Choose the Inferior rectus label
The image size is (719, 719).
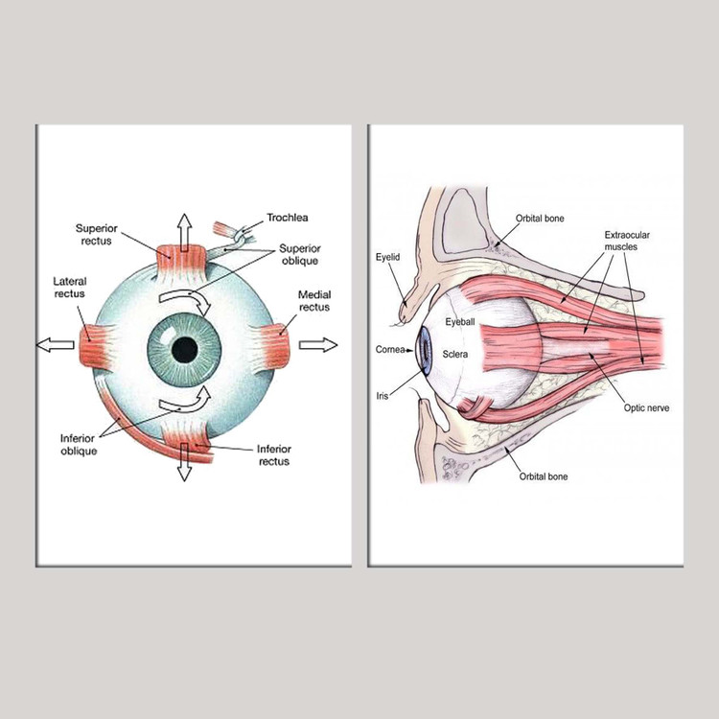coord(273,454)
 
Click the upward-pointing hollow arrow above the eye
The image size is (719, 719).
coord(184,231)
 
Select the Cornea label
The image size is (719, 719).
coord(389,350)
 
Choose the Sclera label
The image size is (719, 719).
coord(455,355)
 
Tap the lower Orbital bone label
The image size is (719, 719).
coord(544,475)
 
